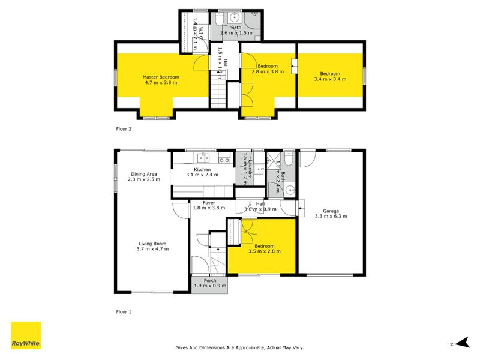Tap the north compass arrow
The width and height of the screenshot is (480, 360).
pyautogui.click(x=461, y=343)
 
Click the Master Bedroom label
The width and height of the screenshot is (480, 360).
pyautogui.click(x=161, y=80)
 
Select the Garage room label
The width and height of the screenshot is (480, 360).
pyautogui.click(x=331, y=214)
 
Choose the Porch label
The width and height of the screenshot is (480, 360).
pyautogui.click(x=209, y=283)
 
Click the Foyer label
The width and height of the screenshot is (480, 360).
pyautogui.click(x=209, y=206)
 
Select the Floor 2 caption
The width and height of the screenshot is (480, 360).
pyautogui.click(x=123, y=129)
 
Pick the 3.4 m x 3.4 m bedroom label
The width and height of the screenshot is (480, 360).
pyautogui.click(x=330, y=76)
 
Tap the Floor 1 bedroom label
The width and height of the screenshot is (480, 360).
pyautogui.click(x=264, y=249)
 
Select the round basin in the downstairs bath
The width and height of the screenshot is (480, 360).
pyautogui.click(x=290, y=191)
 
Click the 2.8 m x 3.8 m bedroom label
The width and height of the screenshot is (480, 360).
pyautogui.click(x=268, y=69)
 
